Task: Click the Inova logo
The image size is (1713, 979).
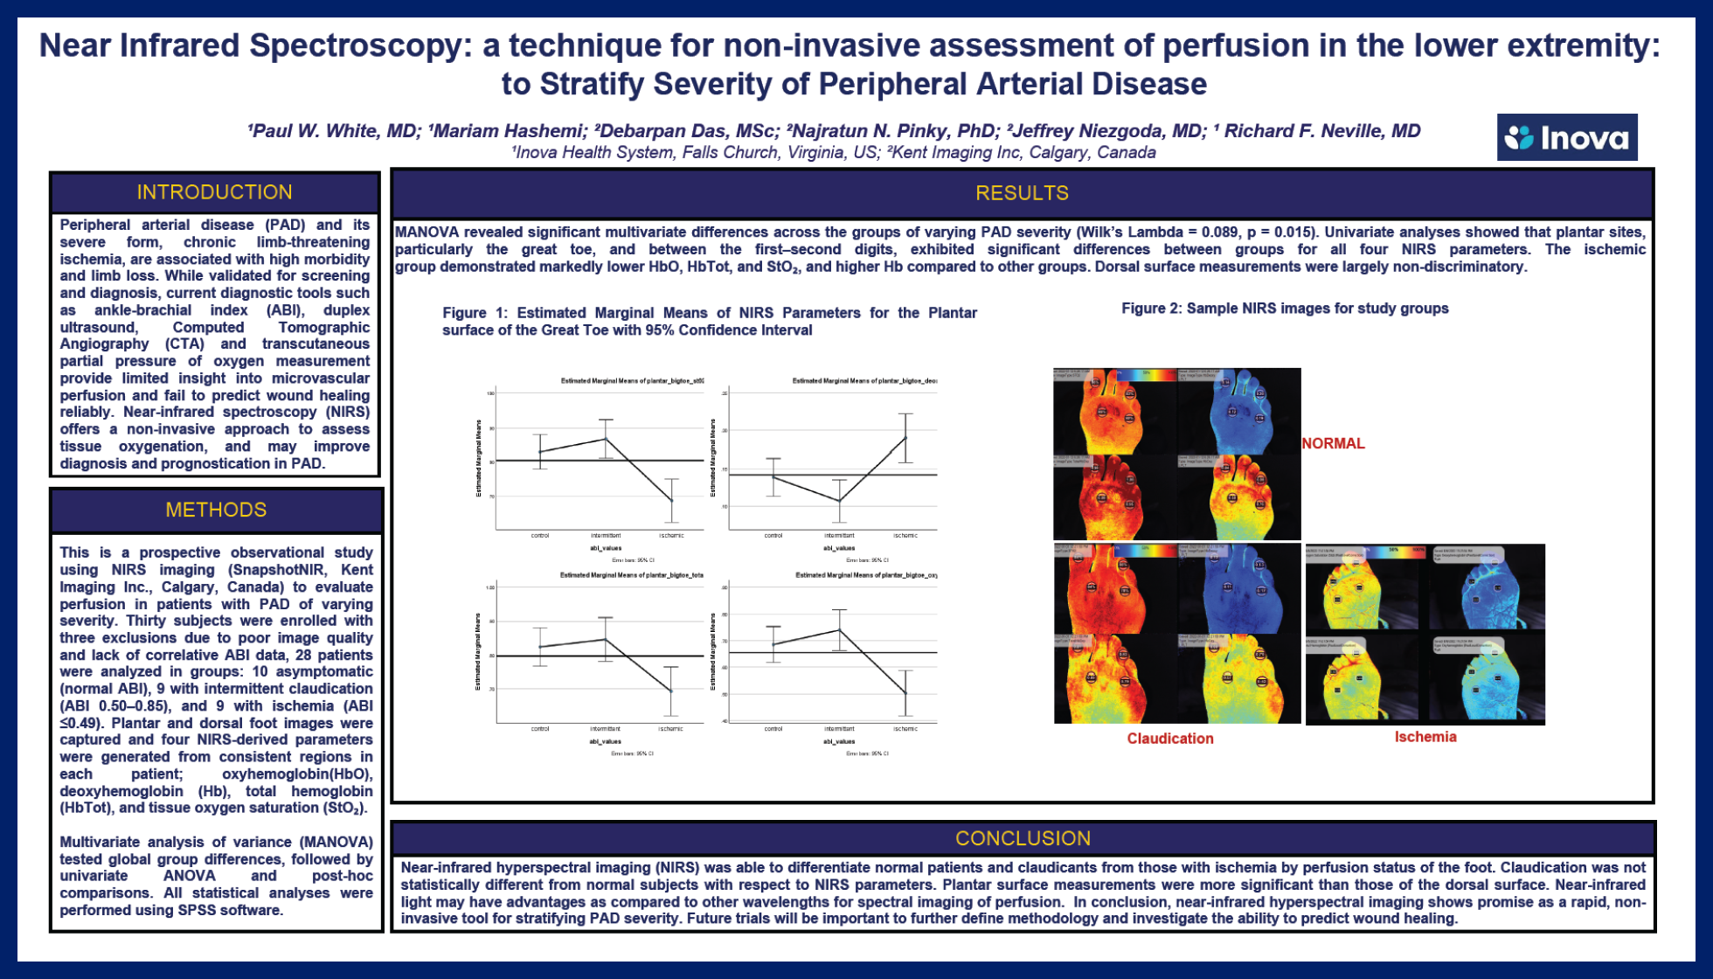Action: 1566,137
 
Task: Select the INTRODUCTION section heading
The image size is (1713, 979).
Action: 214,192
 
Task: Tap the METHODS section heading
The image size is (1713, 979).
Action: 216,510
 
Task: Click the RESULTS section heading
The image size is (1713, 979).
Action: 1022,193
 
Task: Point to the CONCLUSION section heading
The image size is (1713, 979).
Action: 1023,838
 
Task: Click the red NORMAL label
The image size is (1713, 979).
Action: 1333,443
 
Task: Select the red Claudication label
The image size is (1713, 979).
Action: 1169,739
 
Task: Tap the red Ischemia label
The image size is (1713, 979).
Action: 1425,737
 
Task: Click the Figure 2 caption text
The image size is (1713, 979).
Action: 1285,309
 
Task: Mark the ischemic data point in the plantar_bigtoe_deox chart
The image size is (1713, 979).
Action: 905,437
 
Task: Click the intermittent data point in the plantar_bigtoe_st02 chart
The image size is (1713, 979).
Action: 606,439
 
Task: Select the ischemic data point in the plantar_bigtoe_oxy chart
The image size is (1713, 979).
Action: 905,693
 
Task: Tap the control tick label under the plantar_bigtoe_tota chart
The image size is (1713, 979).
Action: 540,728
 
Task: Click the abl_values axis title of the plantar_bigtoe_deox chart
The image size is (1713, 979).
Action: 839,548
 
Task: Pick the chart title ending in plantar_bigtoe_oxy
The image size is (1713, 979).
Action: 865,575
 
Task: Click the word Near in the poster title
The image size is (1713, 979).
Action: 76,45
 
